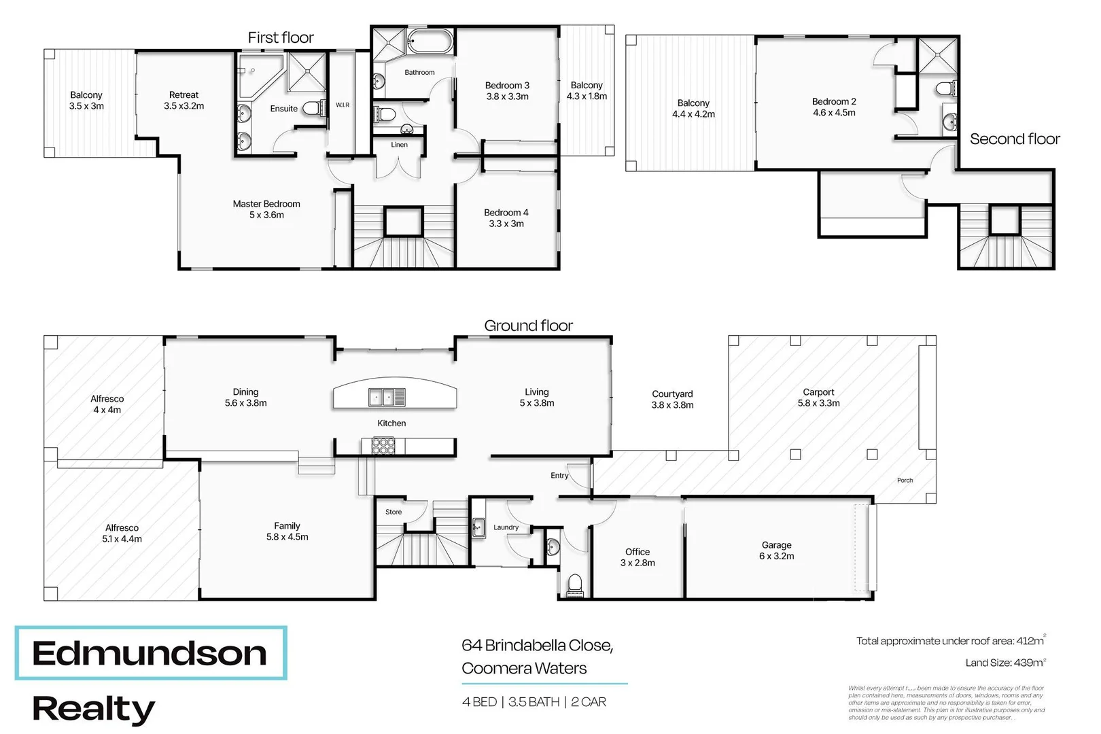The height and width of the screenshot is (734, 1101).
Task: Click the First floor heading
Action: point(281,38)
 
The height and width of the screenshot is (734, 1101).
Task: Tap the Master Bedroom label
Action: point(266,204)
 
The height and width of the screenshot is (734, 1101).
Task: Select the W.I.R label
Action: point(343,105)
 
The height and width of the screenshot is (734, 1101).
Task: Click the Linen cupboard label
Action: point(400,145)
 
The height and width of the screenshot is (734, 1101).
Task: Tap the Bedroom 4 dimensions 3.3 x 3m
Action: point(506,224)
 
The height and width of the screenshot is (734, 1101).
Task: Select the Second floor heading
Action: point(1014,139)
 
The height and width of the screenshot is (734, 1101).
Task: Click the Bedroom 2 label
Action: point(834,102)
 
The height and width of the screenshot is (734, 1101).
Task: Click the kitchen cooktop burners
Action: point(383,446)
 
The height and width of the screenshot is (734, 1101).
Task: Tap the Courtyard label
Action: point(672,394)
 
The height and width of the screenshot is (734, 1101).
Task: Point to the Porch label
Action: point(905,480)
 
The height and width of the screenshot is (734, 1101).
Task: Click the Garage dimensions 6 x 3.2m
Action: point(776,556)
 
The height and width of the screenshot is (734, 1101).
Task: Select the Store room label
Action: point(394,512)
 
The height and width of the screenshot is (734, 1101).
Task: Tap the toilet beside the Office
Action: point(574,584)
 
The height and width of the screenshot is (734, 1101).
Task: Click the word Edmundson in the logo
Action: point(150,654)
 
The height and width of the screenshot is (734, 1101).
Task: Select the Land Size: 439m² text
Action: point(1005,663)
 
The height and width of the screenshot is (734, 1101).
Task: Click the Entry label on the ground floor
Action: point(559,476)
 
